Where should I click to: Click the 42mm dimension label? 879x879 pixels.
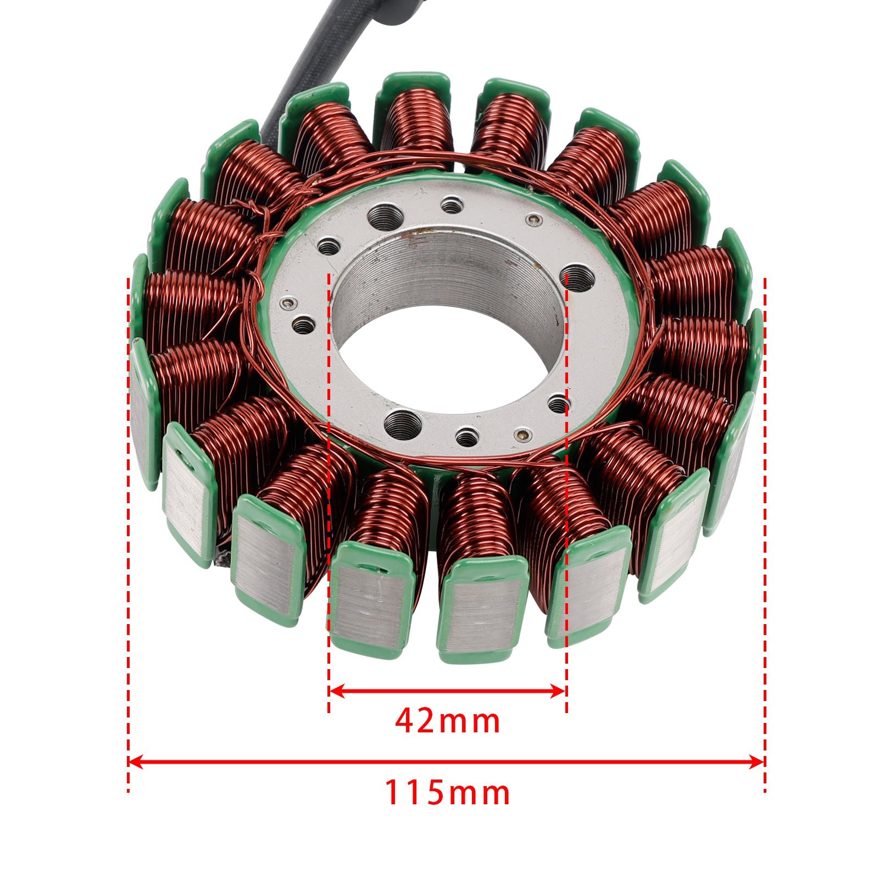(447, 721)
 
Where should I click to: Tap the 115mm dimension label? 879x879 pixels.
(447, 793)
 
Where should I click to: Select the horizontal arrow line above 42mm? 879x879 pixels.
(447, 691)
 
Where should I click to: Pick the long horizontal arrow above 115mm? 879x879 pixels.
(446, 761)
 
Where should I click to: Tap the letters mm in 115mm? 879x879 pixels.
(482, 794)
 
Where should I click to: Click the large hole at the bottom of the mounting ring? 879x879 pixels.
(403, 424)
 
